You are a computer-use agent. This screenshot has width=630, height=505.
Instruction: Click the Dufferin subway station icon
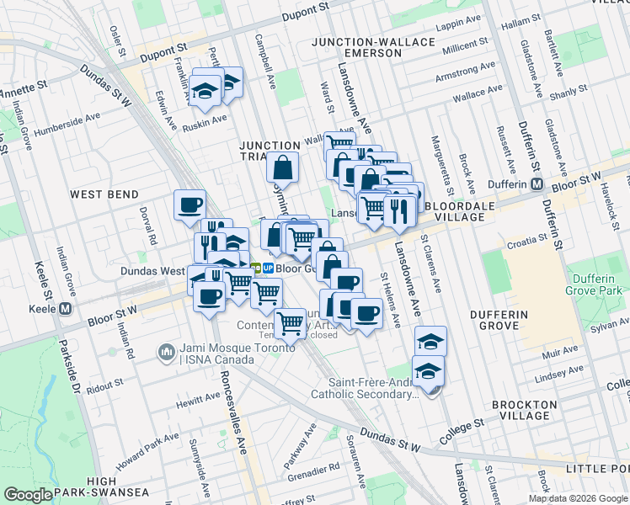[536, 184]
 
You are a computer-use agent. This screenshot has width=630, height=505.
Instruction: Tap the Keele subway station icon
[65, 308]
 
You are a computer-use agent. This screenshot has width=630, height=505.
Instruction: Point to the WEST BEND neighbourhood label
[104, 194]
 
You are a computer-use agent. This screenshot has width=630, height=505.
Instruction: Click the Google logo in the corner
[28, 495]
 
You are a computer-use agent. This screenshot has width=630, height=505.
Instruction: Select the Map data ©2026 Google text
[578, 498]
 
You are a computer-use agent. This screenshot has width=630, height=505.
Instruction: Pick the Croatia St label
[526, 245]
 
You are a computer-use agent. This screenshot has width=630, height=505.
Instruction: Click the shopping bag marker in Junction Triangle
[283, 168]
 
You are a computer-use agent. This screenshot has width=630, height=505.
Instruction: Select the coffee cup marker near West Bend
[190, 205]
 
